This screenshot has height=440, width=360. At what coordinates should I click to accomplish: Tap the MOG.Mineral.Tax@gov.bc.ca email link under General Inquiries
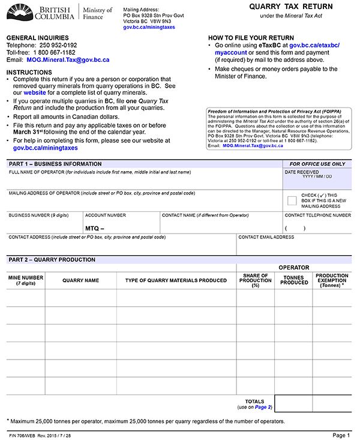[67, 60]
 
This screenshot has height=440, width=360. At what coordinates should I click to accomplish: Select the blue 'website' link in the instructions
[34, 93]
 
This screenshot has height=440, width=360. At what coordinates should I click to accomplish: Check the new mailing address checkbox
[292, 200]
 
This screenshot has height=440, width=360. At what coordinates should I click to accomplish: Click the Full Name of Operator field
[144, 180]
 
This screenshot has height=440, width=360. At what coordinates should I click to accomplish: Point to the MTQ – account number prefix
[95, 228]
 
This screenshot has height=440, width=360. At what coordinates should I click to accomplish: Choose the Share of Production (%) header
[255, 280]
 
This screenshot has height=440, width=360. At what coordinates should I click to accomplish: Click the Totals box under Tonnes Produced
[294, 403]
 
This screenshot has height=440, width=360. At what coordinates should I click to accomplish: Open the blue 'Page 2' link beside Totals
[263, 408]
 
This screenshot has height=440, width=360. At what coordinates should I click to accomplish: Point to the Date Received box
[317, 181]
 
